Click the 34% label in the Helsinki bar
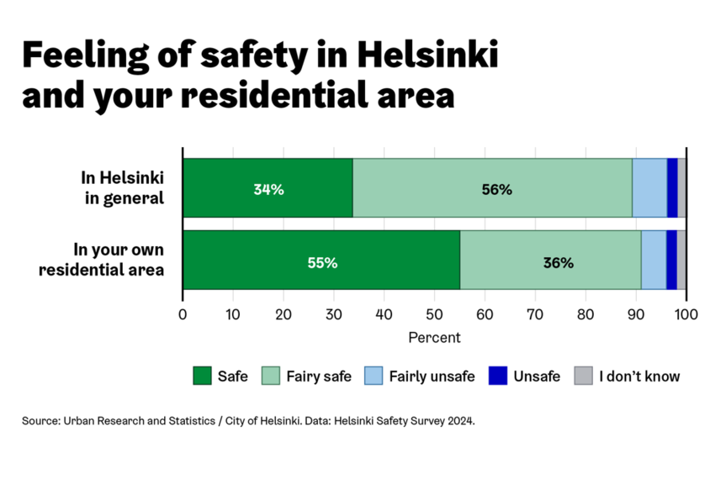[x=268, y=189]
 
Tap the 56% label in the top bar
[x=496, y=189]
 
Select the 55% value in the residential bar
[x=322, y=262]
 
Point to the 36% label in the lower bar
[x=558, y=262]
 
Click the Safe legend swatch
[x=202, y=376]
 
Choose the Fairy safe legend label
[x=319, y=376]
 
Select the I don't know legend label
[x=639, y=376]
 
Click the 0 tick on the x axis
[x=183, y=315]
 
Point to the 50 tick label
[x=434, y=315]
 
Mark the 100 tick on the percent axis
[x=686, y=315]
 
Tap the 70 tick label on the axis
[x=535, y=315]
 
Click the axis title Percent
[x=434, y=338]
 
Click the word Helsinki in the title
[x=428, y=55]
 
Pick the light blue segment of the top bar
[x=649, y=187]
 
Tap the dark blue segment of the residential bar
[x=671, y=260]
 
